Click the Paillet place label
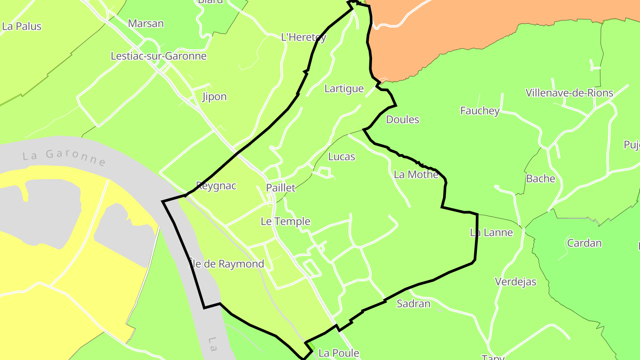click(x=280, y=188)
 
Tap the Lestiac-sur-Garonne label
click(x=159, y=56)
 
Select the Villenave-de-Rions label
click(x=569, y=93)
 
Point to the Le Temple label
click(x=285, y=221)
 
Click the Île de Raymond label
click(x=227, y=264)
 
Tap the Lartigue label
click(x=344, y=88)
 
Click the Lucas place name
click(x=342, y=156)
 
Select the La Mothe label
click(x=416, y=175)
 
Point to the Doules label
click(x=403, y=120)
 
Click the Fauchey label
click(x=480, y=111)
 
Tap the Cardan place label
click(x=584, y=243)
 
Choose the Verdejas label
click(x=516, y=282)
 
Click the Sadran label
click(x=414, y=304)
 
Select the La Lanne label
click(x=492, y=232)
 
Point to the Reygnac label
click(x=216, y=185)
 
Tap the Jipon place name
click(x=214, y=96)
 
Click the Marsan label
click(x=146, y=24)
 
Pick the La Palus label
click(x=22, y=26)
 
